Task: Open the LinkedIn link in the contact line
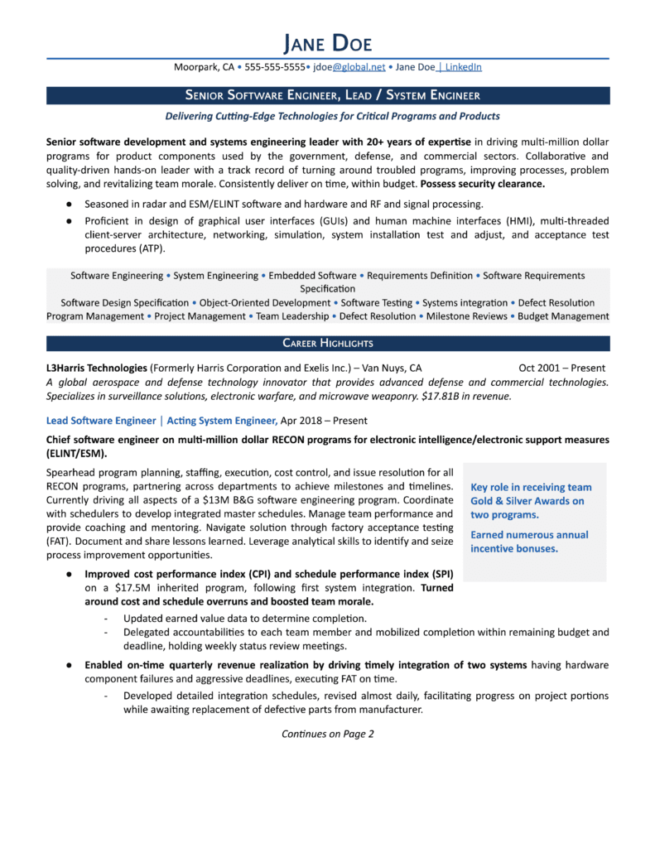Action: click(x=460, y=67)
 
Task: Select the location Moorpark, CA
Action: click(x=203, y=67)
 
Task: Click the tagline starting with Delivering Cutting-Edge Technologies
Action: click(x=327, y=116)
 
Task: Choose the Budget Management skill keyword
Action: click(x=564, y=316)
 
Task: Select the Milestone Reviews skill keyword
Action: click(x=466, y=316)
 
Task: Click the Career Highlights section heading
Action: click(x=327, y=343)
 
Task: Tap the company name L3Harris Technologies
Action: click(x=97, y=368)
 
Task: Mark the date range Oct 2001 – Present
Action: click(x=561, y=368)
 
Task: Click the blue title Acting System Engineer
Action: click(x=221, y=421)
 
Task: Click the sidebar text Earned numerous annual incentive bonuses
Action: click(x=530, y=542)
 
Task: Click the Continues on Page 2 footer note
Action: click(x=327, y=734)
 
